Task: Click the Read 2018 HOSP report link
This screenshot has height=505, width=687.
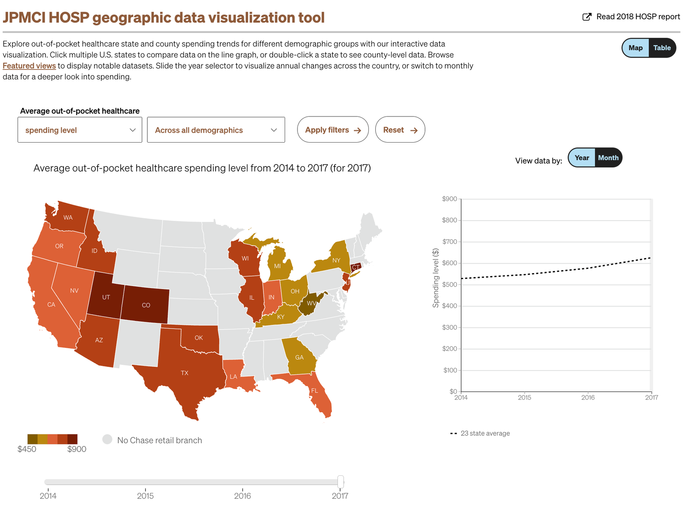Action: click(x=631, y=17)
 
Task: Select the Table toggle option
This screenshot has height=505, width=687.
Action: click(x=662, y=48)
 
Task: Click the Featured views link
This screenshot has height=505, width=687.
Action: click(x=29, y=66)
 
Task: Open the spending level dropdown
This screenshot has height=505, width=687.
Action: click(x=80, y=130)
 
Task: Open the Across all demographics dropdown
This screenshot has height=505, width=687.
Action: click(x=216, y=130)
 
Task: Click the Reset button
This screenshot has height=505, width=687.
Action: click(x=400, y=130)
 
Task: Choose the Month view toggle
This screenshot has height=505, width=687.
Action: click(x=608, y=158)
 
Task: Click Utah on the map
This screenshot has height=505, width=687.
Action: click(x=106, y=297)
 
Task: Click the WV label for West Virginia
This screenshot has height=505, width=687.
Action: click(x=311, y=303)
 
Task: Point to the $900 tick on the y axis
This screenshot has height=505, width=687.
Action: click(x=450, y=199)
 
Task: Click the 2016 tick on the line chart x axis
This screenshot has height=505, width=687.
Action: click(x=588, y=397)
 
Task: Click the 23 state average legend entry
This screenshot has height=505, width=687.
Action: click(x=485, y=433)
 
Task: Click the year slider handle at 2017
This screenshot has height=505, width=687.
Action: click(x=340, y=481)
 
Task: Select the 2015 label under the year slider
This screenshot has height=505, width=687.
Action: click(x=145, y=496)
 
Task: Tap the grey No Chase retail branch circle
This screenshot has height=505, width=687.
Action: click(x=107, y=439)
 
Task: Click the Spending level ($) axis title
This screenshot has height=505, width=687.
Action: click(x=436, y=278)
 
